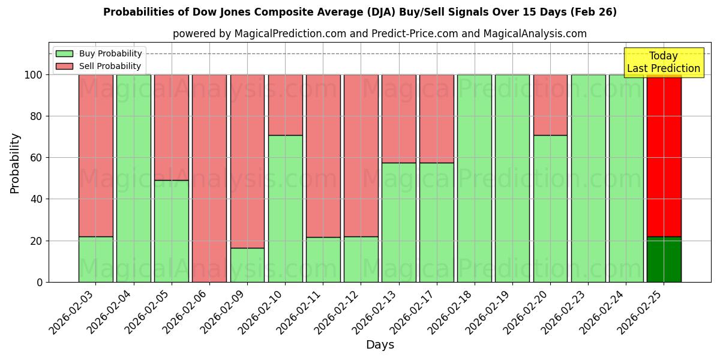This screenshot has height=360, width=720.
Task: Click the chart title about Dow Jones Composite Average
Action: click(360, 12)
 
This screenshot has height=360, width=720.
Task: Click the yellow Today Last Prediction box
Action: click(663, 62)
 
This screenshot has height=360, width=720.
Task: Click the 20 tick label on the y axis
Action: click(37, 241)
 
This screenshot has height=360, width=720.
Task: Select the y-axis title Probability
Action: click(15, 163)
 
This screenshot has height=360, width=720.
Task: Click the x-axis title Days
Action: click(380, 345)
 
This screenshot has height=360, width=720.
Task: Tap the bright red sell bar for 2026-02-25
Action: click(664, 155)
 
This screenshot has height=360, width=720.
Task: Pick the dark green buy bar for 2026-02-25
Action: click(664, 259)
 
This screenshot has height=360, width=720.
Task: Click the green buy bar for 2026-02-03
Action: click(95, 259)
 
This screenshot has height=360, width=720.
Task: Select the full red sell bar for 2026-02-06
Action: click(209, 178)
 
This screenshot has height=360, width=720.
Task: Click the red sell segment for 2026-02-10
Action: click(285, 104)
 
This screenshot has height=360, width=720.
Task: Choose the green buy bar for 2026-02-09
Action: click(247, 265)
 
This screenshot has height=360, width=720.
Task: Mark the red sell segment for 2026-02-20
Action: click(550, 104)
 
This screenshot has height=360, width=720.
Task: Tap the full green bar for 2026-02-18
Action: click(474, 178)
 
